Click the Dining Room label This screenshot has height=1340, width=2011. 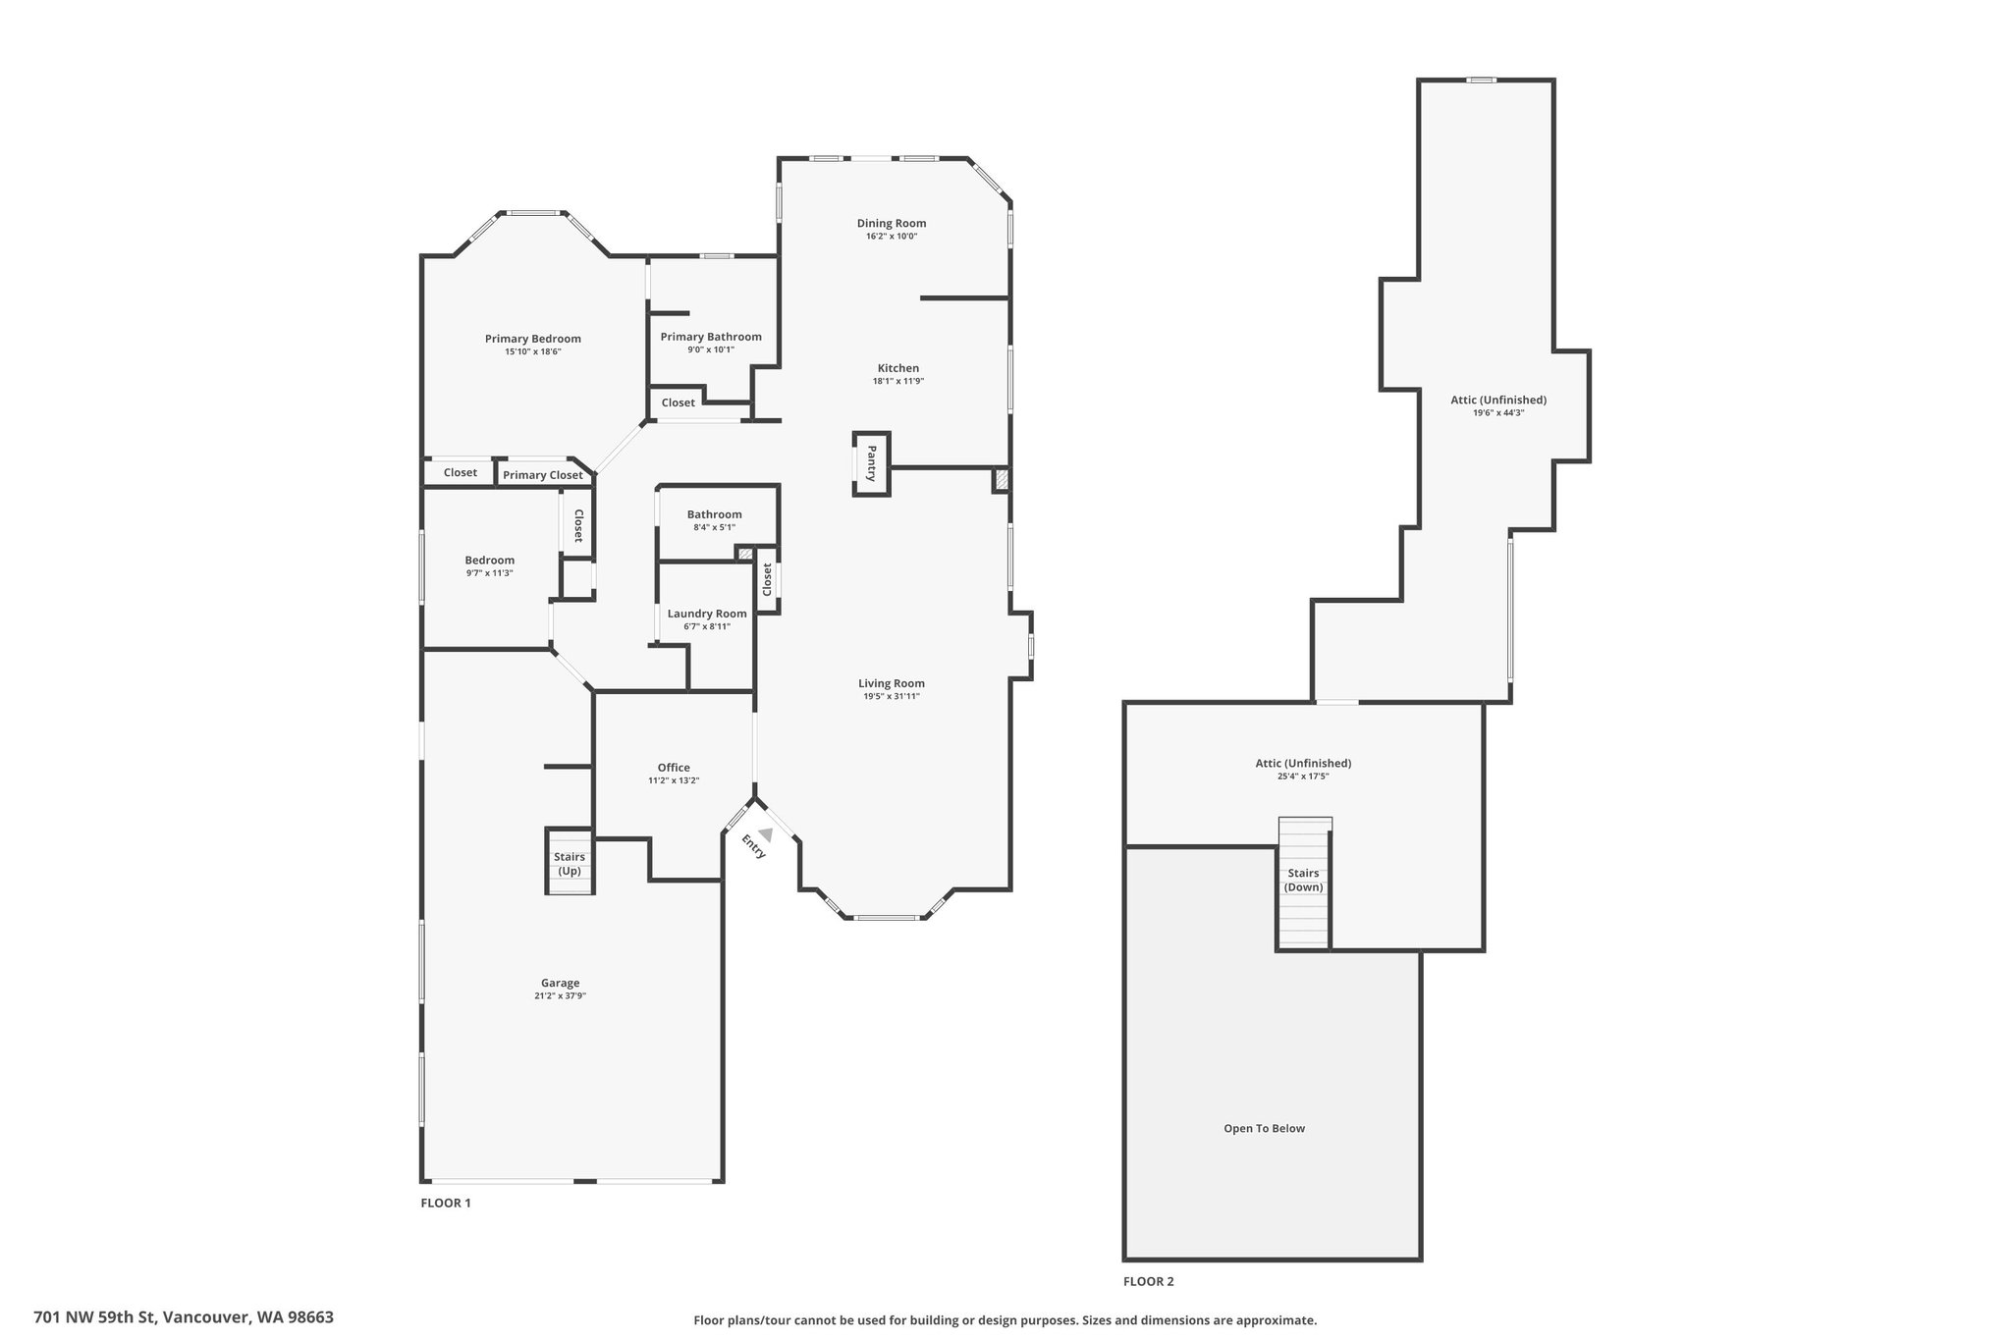click(891, 223)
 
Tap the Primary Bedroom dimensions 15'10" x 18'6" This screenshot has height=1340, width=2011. click(532, 351)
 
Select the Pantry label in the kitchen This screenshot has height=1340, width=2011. click(870, 463)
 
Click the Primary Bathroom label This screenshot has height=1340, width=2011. click(711, 337)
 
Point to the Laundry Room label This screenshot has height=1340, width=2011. click(706, 614)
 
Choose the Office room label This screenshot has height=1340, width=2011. click(674, 768)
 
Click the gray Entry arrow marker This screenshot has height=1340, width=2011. click(765, 834)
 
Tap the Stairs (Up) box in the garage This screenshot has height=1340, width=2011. click(569, 864)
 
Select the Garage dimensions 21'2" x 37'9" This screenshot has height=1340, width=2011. click(560, 995)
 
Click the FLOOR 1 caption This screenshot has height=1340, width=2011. click(446, 1203)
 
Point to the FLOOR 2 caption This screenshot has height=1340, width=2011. click(1148, 1281)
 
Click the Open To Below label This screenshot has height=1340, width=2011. click(1264, 1128)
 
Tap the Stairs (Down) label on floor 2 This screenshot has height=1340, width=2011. click(1304, 880)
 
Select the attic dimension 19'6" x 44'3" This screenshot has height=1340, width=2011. click(1497, 412)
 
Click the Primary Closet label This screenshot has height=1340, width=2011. click(543, 475)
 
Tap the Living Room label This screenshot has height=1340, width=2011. click(891, 683)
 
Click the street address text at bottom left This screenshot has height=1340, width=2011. click(184, 1316)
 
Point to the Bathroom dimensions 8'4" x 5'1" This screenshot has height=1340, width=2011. click(714, 527)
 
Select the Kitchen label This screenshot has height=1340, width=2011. click(897, 368)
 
